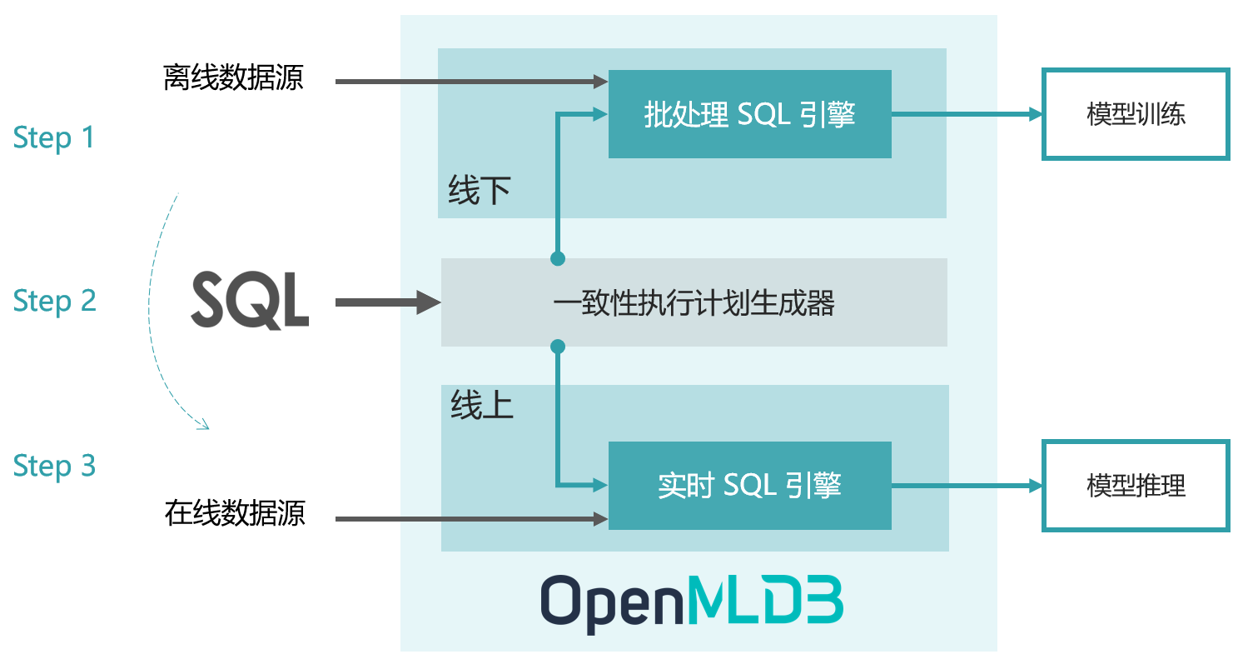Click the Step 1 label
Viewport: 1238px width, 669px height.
54,137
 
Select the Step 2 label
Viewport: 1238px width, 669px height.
54,301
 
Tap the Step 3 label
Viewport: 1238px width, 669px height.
54,466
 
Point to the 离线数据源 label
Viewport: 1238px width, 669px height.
233,79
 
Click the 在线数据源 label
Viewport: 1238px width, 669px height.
235,513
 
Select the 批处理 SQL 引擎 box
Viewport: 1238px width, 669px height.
749,114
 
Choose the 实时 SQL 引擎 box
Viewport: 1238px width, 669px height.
749,486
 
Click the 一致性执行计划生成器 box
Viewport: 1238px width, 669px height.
694,302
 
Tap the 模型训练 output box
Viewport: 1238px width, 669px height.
1136,114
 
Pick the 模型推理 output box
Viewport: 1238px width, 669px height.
1136,486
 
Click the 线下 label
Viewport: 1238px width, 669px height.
479,192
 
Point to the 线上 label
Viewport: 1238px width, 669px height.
481,407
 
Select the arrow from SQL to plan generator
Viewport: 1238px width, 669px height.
387,302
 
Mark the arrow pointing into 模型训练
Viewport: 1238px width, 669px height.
966,114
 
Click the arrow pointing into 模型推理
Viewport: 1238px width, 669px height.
966,486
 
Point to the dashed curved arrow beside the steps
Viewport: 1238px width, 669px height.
155,308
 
